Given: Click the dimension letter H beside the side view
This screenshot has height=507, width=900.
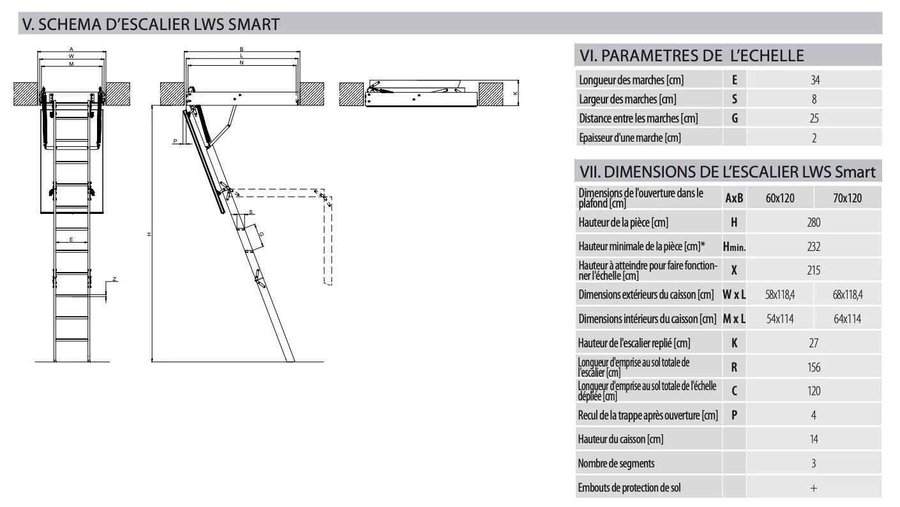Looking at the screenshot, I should point(148,234).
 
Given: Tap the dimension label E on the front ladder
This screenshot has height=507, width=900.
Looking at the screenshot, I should point(71,239).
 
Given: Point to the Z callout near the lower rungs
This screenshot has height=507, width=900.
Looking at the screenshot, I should point(114,279).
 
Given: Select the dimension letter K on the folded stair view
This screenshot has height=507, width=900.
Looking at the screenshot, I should point(514,93).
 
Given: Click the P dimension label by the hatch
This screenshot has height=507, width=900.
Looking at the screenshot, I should point(174,139).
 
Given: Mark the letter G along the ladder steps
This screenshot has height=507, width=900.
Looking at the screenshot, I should point(261,234).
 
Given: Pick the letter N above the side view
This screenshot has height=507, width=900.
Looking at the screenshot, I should point(241,63).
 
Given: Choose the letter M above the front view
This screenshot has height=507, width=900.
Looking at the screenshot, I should point(71,64).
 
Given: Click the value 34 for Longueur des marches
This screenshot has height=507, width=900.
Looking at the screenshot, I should point(814,80).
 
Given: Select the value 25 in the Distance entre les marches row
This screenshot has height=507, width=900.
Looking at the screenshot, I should point(814,118).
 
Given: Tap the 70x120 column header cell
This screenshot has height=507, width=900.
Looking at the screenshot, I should point(847,199).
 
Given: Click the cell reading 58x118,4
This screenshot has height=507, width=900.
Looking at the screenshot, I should point(780,295).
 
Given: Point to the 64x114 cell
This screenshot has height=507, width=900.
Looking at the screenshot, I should point(847,319).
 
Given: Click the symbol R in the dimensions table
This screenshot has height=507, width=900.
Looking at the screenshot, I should point(734,367).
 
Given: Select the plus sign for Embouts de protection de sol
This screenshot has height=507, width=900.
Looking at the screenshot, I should point(813,488).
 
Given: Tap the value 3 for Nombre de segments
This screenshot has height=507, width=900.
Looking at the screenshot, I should point(813,464).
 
